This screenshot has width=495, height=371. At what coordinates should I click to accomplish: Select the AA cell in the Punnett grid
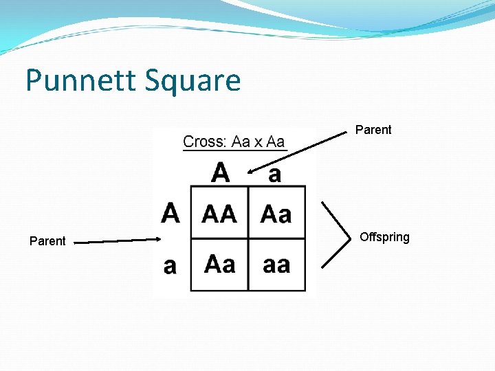click(x=219, y=214)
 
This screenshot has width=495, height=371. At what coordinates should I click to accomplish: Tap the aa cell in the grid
click(x=276, y=265)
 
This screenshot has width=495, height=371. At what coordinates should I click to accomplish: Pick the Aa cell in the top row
click(x=276, y=214)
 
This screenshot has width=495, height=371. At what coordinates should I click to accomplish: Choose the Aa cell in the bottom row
click(x=219, y=265)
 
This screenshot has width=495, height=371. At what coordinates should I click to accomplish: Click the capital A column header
click(x=221, y=172)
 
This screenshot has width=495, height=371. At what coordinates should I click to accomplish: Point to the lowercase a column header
click(x=274, y=175)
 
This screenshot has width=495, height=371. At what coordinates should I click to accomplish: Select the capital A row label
click(x=170, y=213)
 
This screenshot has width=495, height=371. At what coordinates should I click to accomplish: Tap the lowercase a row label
click(x=170, y=266)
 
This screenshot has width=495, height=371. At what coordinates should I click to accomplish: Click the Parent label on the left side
click(x=47, y=241)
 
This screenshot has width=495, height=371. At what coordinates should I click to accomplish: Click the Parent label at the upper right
click(x=373, y=130)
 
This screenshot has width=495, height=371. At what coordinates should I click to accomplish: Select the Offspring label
click(x=384, y=237)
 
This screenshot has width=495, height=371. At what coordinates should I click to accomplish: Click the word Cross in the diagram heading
click(x=203, y=142)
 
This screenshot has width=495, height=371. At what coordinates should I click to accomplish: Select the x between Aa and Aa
click(x=258, y=143)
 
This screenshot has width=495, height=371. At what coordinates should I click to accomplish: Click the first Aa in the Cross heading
click(x=241, y=142)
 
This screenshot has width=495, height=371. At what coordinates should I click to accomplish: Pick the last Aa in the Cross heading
click(x=275, y=142)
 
